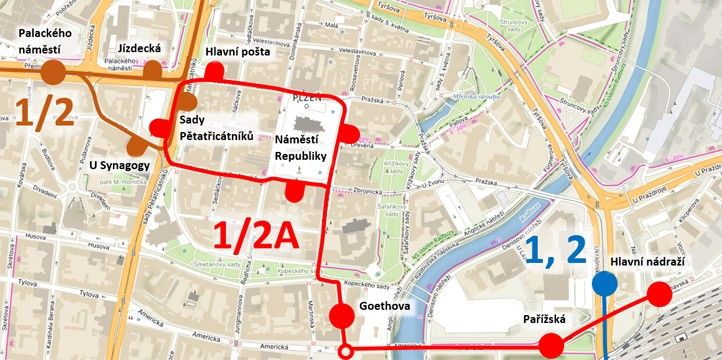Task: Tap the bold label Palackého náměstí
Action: click(41, 41)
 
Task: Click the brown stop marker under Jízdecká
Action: click(153, 70)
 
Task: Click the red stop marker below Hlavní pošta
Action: click(214, 71)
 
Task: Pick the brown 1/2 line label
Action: click(44, 116)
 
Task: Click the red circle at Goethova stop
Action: click(342, 317)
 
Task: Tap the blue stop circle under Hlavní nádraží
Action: click(603, 285)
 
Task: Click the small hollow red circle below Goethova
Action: click(347, 351)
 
